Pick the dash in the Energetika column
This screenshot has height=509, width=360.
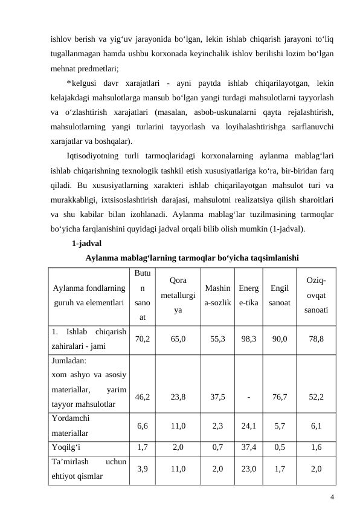[x=247, y=397]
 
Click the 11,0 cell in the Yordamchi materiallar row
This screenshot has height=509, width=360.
[x=178, y=425]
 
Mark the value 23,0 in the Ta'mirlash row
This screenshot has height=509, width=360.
[x=247, y=468]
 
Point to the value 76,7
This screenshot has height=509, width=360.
[x=279, y=397]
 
